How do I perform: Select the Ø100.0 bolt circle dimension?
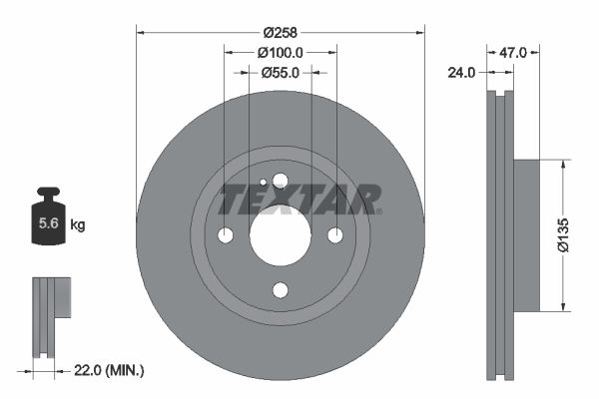[280, 52]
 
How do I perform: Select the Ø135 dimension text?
[566, 234]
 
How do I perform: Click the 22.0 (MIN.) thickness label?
[110, 370]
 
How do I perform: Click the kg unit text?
[77, 225]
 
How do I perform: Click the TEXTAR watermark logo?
[299, 199]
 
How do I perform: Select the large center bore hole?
[280, 235]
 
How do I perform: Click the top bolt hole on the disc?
[280, 181]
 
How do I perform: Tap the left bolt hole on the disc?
[225, 235]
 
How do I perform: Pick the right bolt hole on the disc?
[335, 235]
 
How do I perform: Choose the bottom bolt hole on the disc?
[280, 290]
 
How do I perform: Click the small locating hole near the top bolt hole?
[263, 183]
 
